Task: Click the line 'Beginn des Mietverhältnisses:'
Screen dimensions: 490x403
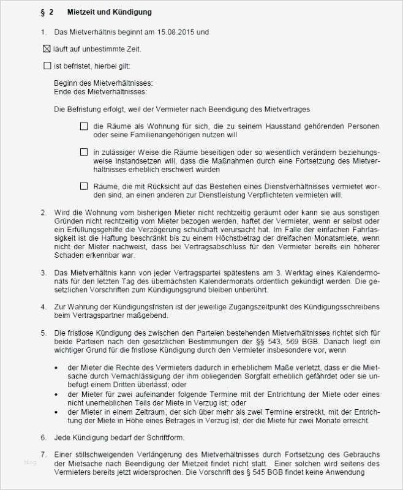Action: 103,83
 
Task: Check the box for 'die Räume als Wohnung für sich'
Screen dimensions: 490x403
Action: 84,126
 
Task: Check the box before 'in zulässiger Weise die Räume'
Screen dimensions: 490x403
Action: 84,152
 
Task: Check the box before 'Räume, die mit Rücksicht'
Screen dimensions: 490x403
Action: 84,186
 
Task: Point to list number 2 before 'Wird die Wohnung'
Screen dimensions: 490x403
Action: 43,212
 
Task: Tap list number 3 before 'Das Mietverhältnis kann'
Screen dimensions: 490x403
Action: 43,271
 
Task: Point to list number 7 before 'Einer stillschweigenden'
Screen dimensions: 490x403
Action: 43,455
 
